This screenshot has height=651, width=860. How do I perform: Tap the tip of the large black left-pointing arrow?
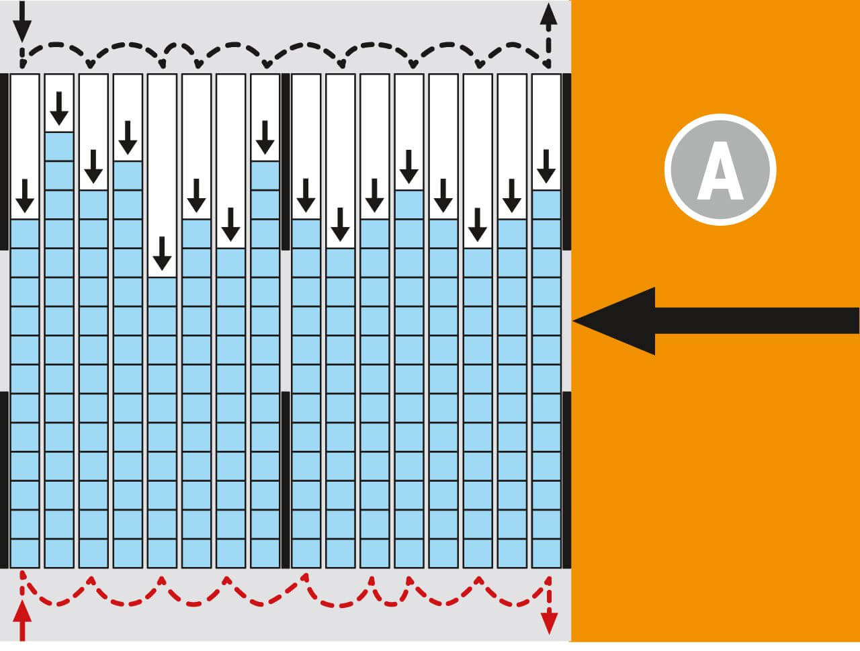tap(576, 321)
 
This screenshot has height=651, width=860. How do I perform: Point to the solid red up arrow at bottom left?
tap(22, 621)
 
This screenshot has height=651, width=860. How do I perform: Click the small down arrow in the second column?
tap(59, 108)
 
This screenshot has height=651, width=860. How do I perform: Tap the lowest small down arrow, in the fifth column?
tap(162, 253)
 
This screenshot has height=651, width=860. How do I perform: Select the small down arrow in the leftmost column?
tap(25, 196)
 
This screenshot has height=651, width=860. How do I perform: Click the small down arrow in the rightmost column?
tap(546, 166)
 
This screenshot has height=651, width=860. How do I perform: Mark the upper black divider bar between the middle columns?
tap(286, 161)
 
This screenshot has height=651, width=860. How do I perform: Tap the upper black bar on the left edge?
tap(4, 161)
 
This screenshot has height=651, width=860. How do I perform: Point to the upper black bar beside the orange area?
tap(566, 161)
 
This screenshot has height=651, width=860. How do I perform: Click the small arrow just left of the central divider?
tap(265, 137)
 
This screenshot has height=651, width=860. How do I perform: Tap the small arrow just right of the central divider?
tap(306, 196)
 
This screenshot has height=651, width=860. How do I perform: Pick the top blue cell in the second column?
tap(59, 146)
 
